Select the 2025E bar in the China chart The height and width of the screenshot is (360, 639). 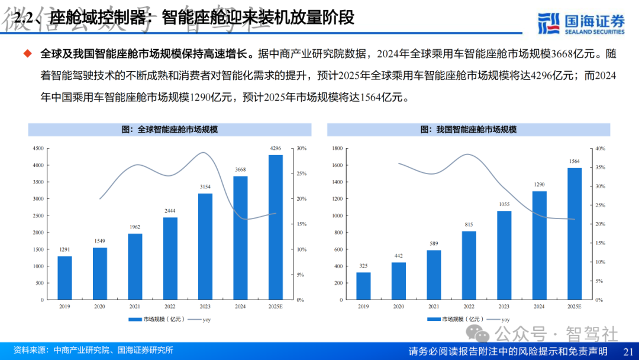(574, 234)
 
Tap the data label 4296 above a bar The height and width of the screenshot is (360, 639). (276, 148)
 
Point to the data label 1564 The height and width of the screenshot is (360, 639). (574, 161)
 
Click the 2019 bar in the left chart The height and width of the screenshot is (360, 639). (64, 278)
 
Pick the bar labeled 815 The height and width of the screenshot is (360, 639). (469, 265)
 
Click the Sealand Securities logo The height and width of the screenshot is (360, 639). (581, 23)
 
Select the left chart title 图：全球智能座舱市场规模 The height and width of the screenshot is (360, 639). (170, 129)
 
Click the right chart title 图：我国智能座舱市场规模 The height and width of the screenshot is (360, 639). (469, 129)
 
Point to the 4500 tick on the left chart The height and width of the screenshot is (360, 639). (38, 148)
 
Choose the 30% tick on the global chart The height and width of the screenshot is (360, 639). (301, 148)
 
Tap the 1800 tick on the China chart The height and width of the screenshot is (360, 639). (337, 148)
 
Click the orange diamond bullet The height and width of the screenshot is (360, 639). (27, 54)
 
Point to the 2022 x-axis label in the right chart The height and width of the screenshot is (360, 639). (469, 307)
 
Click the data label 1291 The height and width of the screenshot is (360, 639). (64, 249)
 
